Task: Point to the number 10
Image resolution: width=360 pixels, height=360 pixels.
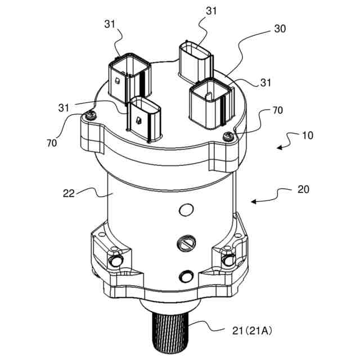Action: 307,136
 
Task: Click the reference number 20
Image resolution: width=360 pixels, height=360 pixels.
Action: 303,190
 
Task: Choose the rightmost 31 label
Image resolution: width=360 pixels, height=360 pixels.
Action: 265,83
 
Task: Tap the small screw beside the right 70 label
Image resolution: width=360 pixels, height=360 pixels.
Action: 228,135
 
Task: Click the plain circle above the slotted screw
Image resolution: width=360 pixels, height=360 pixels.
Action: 184,210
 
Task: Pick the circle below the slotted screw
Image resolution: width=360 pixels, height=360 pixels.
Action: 184,276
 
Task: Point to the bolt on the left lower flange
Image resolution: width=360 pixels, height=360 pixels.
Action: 116,262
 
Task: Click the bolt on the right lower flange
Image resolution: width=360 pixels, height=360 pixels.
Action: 228,260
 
